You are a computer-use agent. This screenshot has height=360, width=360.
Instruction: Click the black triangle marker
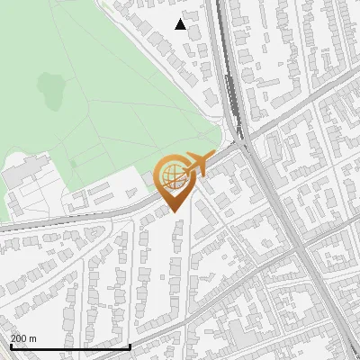181,24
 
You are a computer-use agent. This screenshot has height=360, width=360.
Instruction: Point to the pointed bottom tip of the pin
174,212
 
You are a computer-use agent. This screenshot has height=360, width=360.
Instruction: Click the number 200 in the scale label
21,339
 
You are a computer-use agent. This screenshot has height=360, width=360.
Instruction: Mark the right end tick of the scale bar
130,346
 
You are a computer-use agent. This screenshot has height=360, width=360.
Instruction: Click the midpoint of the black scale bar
69,347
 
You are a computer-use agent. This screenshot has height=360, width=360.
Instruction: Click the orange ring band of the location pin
159,175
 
